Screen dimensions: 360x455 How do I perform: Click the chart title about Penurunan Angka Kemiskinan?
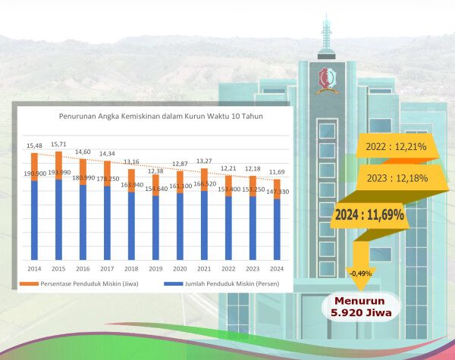point(155,116)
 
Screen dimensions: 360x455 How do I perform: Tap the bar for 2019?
point(155,224)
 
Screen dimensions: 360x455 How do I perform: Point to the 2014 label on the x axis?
point(34,268)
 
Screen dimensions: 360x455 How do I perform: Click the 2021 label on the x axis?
point(203,268)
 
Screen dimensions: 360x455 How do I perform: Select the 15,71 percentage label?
point(58,144)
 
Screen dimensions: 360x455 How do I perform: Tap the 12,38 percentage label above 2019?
point(155,171)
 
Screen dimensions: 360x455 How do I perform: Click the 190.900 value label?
point(35,174)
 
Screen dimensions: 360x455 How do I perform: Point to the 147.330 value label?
point(275,193)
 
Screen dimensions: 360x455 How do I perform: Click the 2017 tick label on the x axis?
point(107,268)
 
